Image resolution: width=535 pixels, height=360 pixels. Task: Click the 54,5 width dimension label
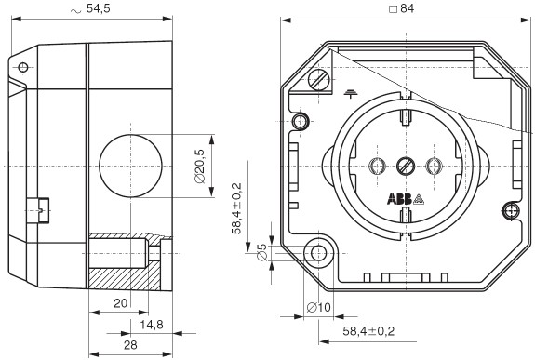[90, 8]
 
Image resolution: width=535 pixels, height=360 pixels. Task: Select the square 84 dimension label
[402, 8]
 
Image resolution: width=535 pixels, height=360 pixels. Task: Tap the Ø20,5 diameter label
[200, 167]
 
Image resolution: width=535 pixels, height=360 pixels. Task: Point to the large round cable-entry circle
[130, 167]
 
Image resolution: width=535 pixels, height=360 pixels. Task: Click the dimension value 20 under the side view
[120, 303]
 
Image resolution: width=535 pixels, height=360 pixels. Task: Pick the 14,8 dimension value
[152, 325]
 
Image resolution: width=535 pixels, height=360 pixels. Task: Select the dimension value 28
[130, 345]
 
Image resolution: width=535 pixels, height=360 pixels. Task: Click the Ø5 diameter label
[261, 252]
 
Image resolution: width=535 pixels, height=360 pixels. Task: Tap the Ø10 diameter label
[319, 308]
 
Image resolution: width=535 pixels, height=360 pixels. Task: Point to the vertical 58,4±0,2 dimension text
[236, 208]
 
